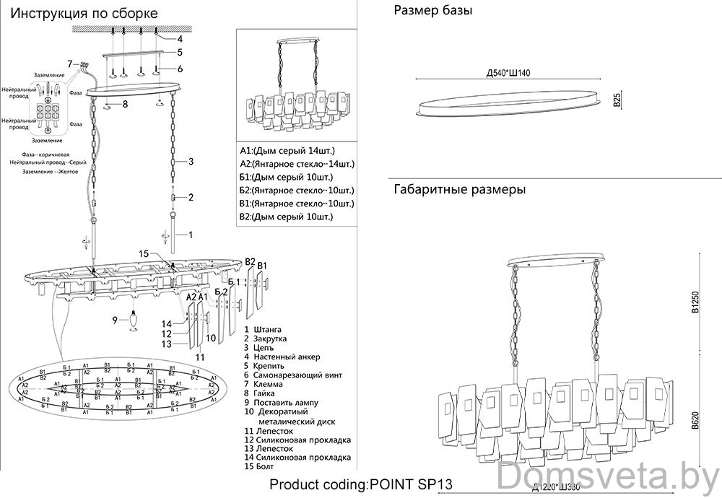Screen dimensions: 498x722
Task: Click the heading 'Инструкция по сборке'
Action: coord(85,14)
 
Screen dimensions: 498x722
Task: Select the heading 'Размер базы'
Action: coord(432,11)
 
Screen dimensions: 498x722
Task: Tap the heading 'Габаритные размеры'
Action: coord(460,190)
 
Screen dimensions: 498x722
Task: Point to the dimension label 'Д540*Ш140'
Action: coord(510,73)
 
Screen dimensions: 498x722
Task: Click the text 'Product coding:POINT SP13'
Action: coord(361,484)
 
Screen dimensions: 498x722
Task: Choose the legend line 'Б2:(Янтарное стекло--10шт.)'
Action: coord(297,191)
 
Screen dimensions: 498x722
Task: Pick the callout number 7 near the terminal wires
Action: coord(70,64)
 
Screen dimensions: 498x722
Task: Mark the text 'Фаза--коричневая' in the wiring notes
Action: coord(45,155)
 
